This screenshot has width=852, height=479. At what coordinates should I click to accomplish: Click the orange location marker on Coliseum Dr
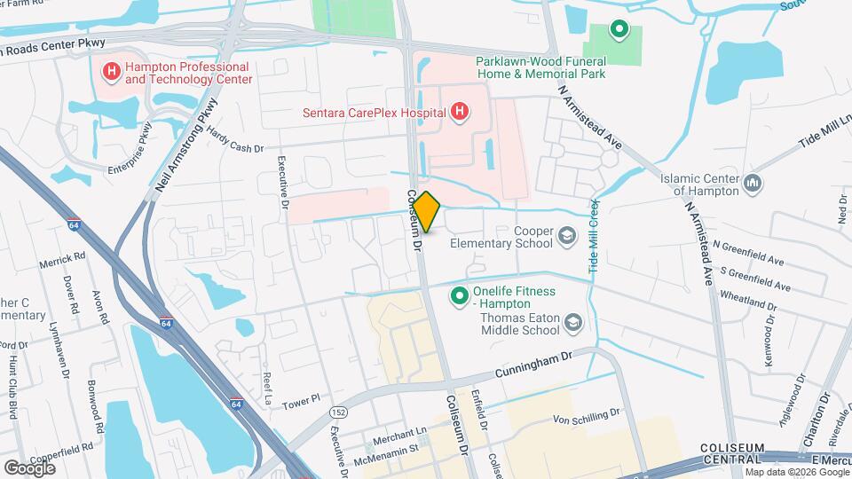coord(427,212)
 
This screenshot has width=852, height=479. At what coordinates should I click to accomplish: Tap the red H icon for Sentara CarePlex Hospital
coord(460,111)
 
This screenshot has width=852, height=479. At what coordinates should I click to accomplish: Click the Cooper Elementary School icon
coord(566,237)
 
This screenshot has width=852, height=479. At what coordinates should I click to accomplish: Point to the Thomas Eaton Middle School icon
coord(573,323)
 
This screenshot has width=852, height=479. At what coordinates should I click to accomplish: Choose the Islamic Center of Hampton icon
coord(753,184)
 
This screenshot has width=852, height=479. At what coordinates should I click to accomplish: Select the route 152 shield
coord(338,412)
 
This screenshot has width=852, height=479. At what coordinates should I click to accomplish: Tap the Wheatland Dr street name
coord(748,303)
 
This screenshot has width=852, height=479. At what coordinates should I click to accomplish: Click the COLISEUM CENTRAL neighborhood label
coord(731,452)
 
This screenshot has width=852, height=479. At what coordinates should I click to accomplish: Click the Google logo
coord(29,467)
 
